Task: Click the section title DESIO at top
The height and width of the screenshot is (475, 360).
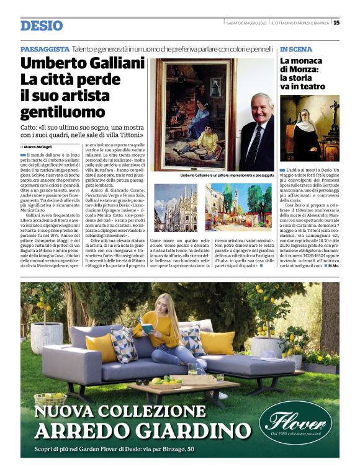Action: [x=42, y=25]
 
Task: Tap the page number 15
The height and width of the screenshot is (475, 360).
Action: [x=336, y=23]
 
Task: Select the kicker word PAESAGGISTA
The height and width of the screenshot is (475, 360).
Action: [x=44, y=49]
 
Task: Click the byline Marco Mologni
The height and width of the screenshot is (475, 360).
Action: [x=39, y=146]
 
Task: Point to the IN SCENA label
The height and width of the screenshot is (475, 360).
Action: [x=296, y=49]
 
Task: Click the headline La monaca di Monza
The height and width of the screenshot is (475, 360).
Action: [x=303, y=69]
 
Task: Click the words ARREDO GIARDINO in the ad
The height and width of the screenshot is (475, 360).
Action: [x=143, y=431]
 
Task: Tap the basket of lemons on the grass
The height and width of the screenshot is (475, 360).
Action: [x=51, y=398]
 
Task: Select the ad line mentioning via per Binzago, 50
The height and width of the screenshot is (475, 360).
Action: [x=115, y=449]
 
